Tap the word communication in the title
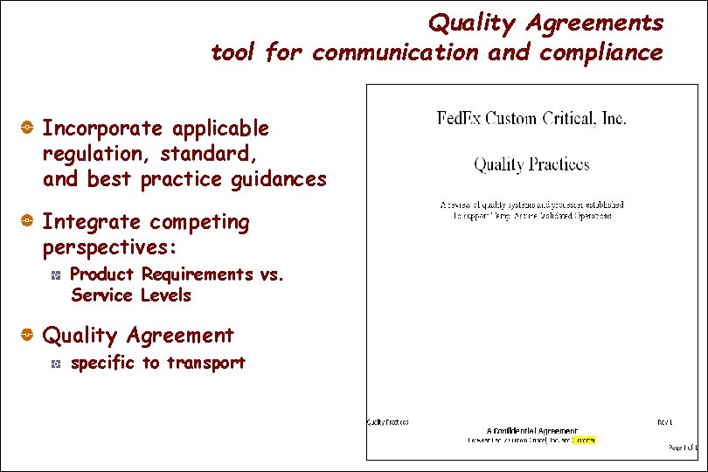click(395, 53)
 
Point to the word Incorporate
click(102, 128)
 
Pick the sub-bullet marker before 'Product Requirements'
click(54, 275)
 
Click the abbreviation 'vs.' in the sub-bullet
click(273, 274)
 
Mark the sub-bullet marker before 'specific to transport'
click(54, 364)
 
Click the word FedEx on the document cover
click(460, 118)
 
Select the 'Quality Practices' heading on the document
click(531, 163)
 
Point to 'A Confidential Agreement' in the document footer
click(531, 431)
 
